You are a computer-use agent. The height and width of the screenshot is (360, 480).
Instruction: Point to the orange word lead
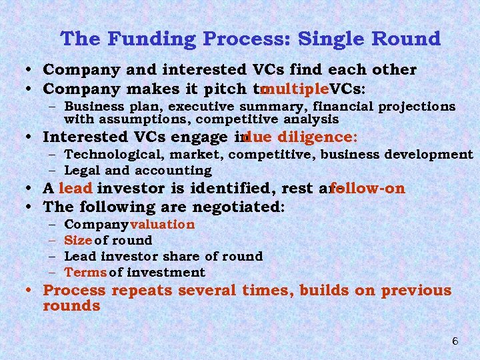pyautogui.click(x=75, y=189)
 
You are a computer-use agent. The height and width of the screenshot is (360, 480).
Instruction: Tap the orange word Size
pyautogui.click(x=77, y=240)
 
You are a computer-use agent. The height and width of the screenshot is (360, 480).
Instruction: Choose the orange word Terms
pyautogui.click(x=85, y=272)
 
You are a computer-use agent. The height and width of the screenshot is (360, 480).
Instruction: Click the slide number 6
pyautogui.click(x=455, y=341)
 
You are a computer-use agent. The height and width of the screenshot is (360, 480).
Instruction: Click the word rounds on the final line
pyautogui.click(x=71, y=306)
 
